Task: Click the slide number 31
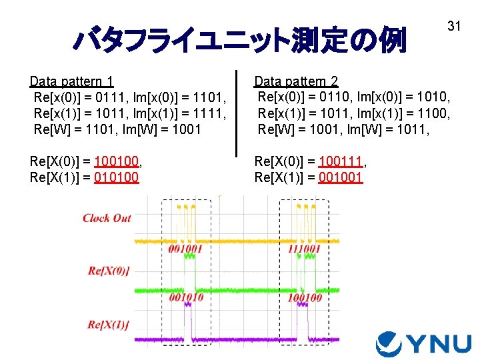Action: click(454, 26)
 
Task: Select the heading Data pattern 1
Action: click(71, 81)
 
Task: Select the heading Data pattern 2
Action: click(296, 81)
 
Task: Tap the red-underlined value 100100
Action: click(118, 161)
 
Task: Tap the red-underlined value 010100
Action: click(117, 177)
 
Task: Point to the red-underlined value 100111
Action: click(343, 161)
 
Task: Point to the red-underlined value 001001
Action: click(341, 177)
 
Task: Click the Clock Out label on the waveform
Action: click(107, 218)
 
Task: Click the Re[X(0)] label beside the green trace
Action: click(109, 270)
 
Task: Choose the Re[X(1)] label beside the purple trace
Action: click(108, 325)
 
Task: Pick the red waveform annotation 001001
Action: click(185, 249)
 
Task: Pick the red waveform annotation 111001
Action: click(304, 249)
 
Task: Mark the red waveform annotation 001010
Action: click(186, 298)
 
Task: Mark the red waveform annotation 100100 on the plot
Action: click(305, 298)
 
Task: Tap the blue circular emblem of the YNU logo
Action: click(389, 344)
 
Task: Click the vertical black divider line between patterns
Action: click(237, 113)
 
